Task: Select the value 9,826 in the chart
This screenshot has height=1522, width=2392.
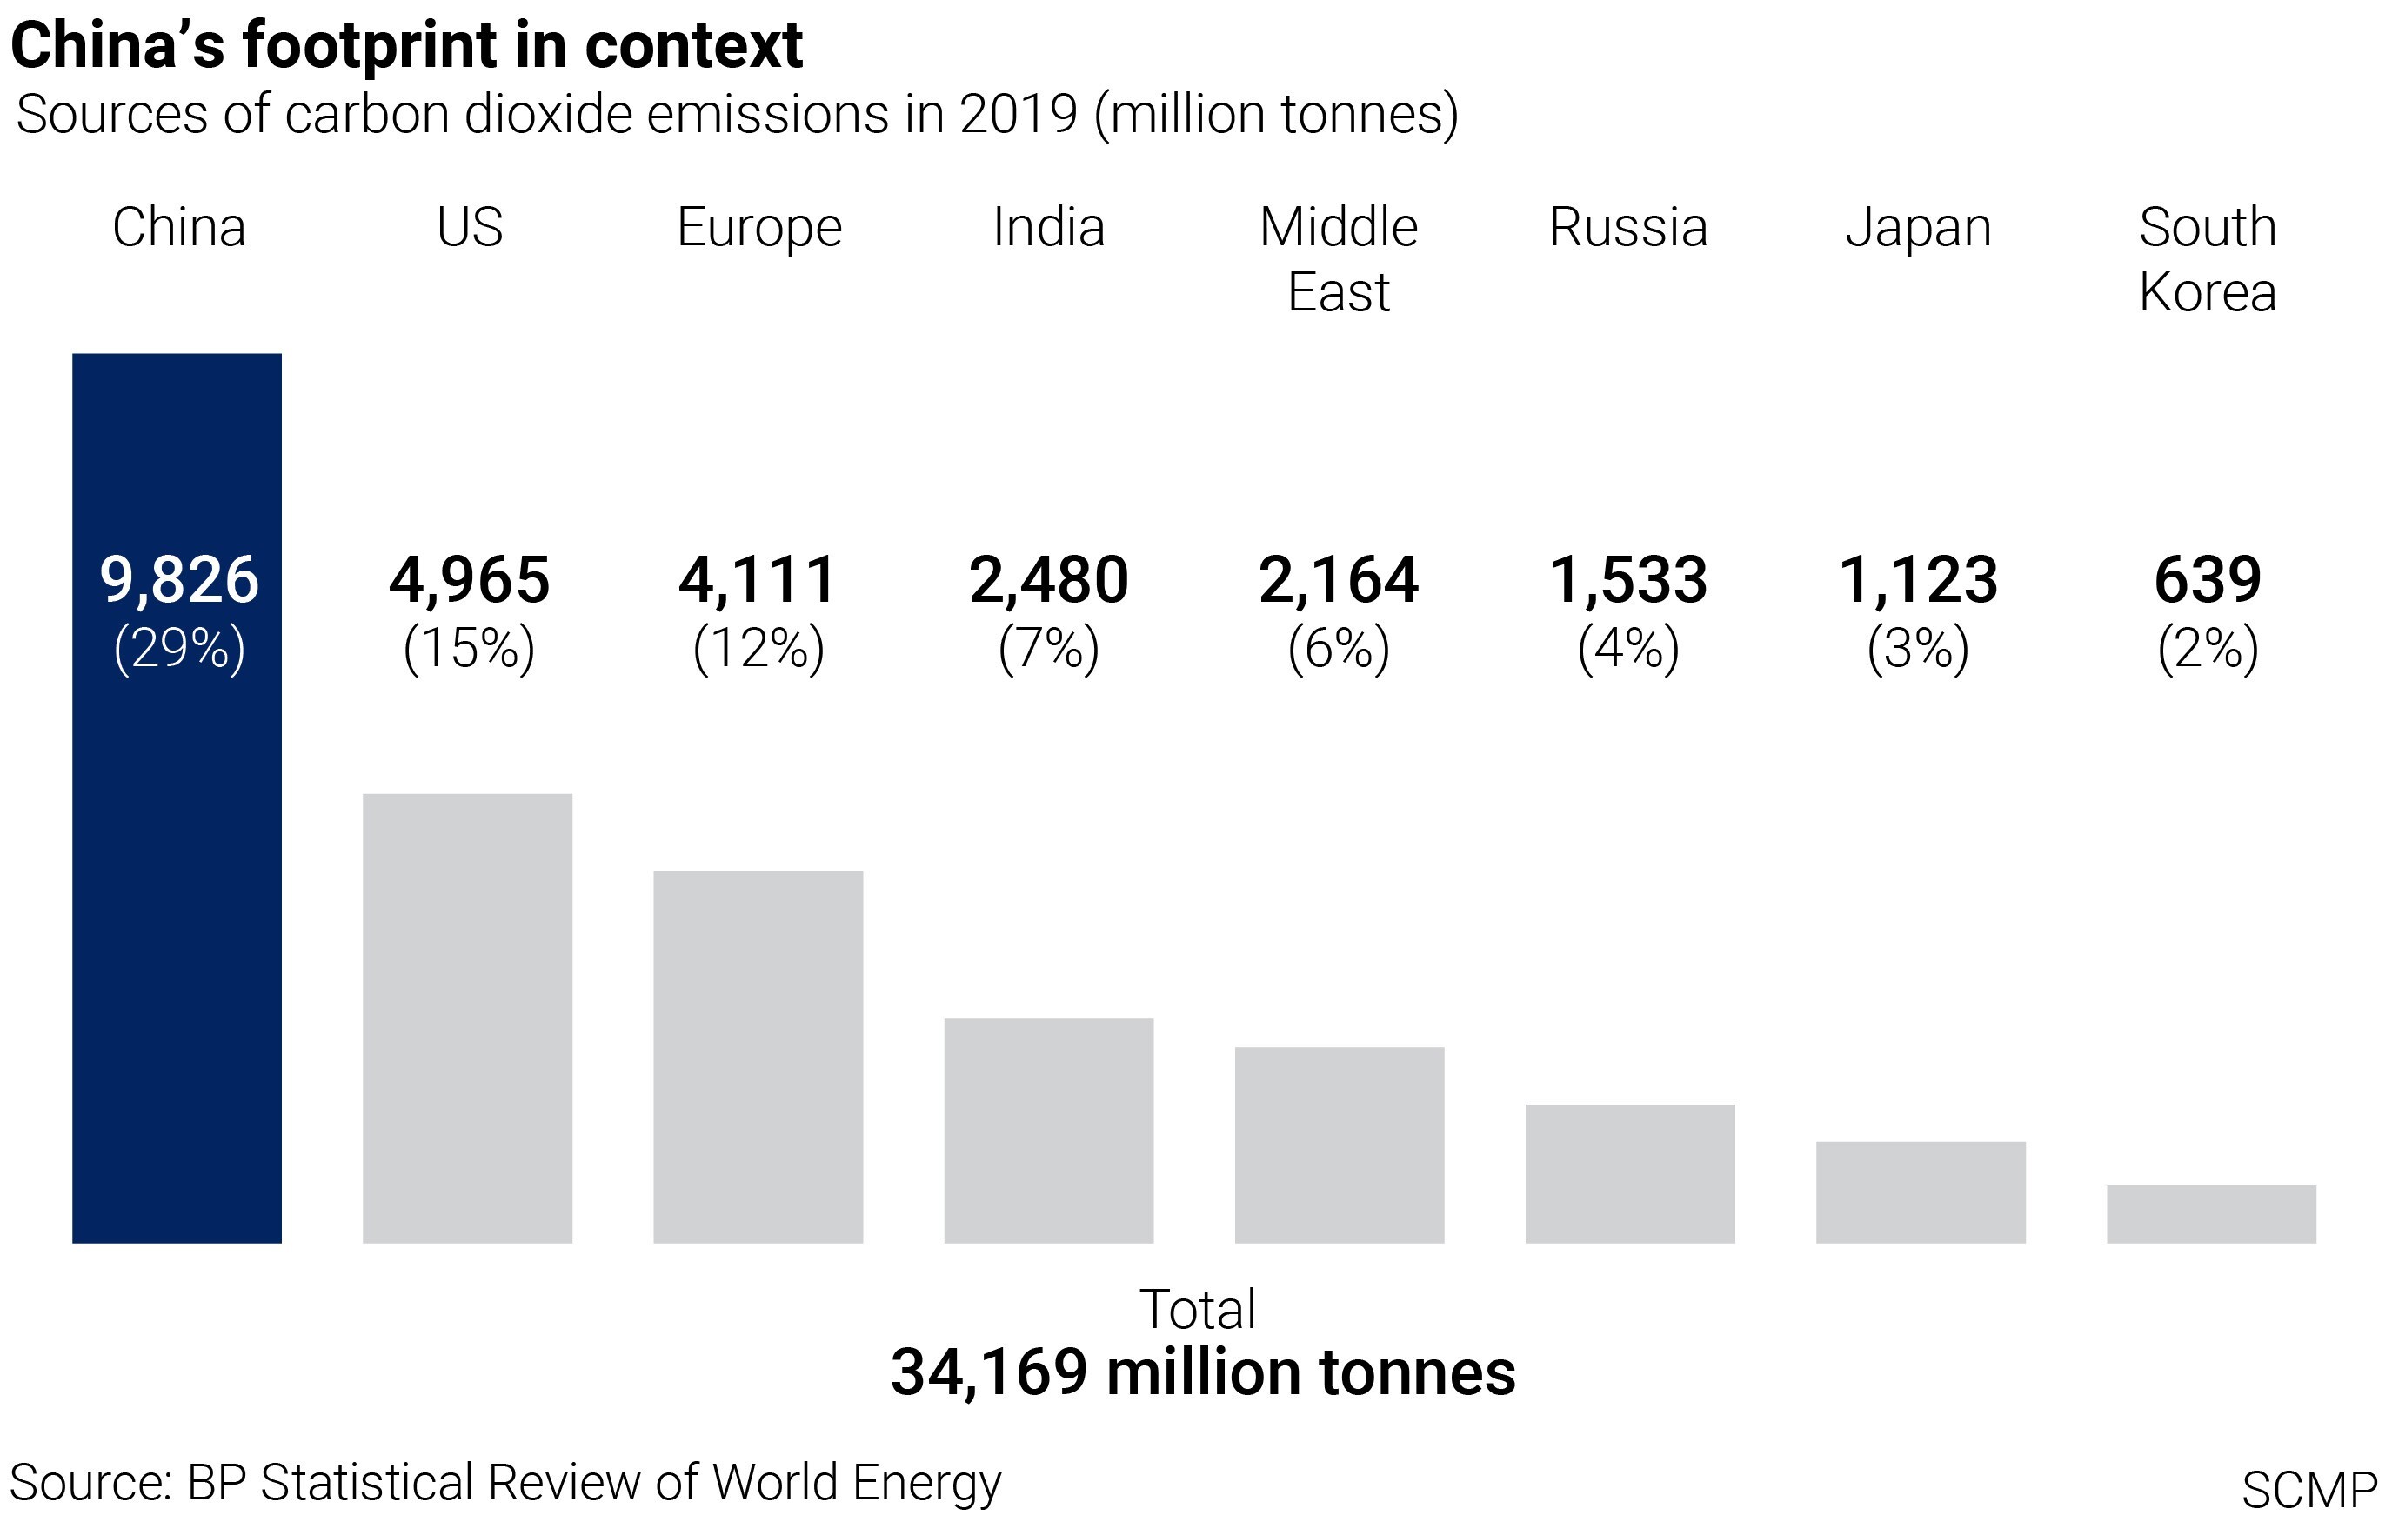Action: coord(179,580)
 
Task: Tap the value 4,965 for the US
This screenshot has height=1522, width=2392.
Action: coord(469,580)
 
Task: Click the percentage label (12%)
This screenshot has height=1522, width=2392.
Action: coord(759,649)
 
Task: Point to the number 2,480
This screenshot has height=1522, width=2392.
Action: coord(1049,580)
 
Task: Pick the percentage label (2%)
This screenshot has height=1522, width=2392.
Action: coord(2208,649)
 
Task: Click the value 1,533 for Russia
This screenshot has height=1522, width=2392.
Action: coord(1629,580)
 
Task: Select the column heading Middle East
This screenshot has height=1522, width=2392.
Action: coord(1339,259)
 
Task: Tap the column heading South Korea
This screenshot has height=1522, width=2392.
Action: coord(2208,259)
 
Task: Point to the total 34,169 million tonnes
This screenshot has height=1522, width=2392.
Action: coord(1202,1373)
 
